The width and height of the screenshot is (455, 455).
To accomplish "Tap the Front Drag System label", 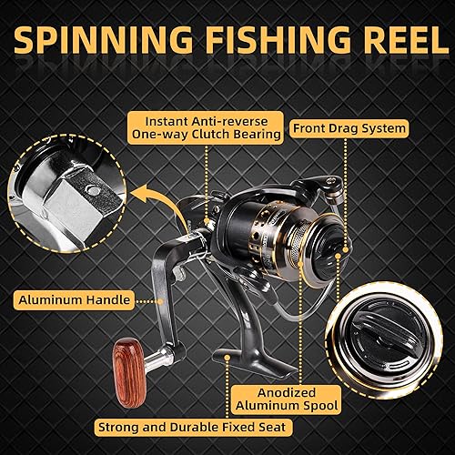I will pyautogui.click(x=348, y=128).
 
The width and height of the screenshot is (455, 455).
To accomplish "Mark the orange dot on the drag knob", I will pyautogui.click(x=338, y=258).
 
